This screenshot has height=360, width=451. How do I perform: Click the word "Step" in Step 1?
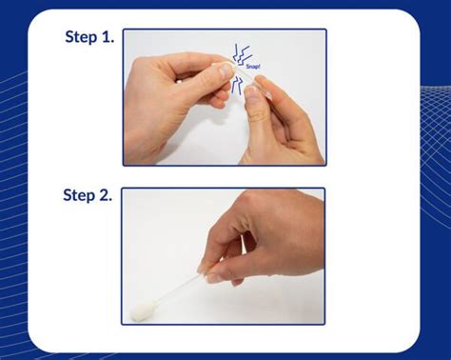pos(81,38)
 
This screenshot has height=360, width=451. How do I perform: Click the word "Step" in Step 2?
pos(80,196)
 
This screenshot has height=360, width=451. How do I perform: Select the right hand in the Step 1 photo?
pos(285,124)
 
